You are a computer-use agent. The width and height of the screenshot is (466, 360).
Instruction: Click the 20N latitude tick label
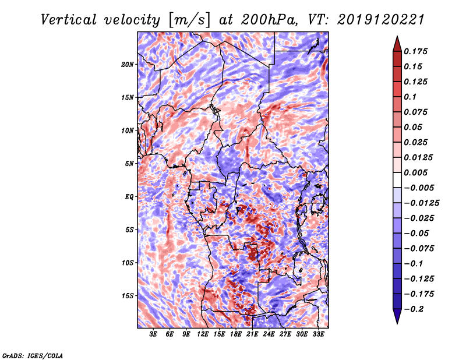pyautogui.click(x=128, y=64)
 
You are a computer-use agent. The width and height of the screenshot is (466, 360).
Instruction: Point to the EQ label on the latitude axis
pyautogui.click(x=129, y=196)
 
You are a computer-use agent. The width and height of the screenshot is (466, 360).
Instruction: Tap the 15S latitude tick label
pyautogui.click(x=128, y=295)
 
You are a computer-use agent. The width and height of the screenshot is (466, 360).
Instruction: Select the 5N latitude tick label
pyautogui.click(x=129, y=163)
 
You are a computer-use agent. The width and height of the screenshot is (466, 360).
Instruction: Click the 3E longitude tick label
pyautogui.click(x=154, y=334)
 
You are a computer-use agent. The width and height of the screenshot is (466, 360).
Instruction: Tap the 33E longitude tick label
pyautogui.click(x=319, y=334)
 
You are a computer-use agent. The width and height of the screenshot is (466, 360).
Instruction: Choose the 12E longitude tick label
pyautogui.click(x=203, y=334)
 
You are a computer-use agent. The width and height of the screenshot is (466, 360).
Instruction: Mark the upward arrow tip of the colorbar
pyautogui.click(x=397, y=37)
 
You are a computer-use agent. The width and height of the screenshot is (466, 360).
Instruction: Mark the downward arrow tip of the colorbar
pyautogui.click(x=397, y=322)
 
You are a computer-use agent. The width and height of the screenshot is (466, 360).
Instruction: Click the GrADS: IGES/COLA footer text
pyautogui.click(x=32, y=355)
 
